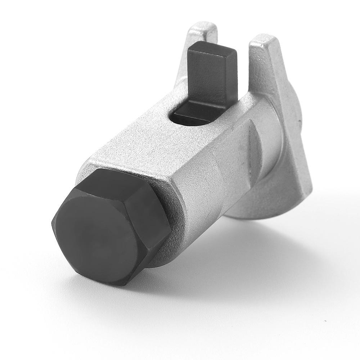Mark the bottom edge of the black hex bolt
pos(119,279)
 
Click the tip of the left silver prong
pos(205,27)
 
